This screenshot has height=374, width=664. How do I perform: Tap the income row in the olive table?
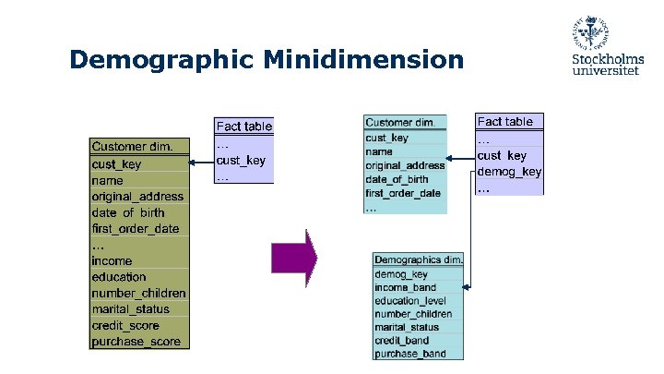point(112,261)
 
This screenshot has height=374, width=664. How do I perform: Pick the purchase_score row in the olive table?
point(136,342)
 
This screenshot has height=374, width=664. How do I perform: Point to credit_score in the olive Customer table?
point(125,325)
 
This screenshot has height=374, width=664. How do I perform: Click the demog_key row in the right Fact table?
point(509,172)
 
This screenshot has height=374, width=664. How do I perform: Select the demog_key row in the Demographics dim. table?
point(401,274)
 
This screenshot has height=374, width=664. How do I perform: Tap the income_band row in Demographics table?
point(406,287)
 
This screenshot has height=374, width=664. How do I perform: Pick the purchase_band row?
point(410,353)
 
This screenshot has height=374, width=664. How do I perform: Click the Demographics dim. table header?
point(418,259)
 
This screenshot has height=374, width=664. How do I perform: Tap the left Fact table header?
point(243,126)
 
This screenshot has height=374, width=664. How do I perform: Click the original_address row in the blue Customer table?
point(405,165)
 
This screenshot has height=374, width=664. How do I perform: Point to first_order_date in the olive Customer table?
point(136,228)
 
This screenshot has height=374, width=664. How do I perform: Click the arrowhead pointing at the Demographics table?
point(468,288)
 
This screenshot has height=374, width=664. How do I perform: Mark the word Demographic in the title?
point(163,61)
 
